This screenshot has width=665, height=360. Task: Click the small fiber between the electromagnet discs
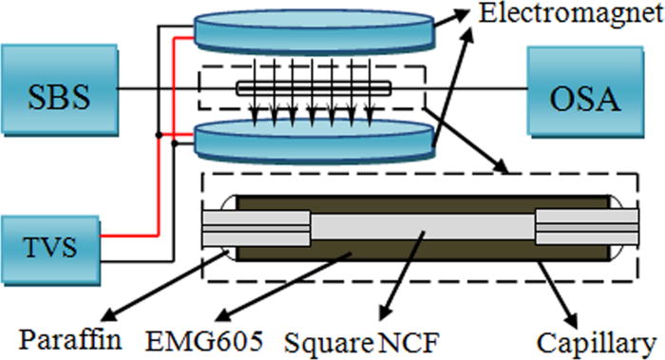pos(313,91)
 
